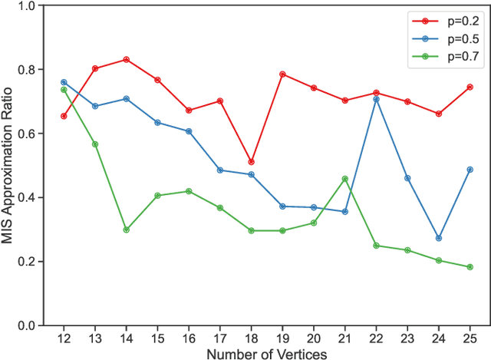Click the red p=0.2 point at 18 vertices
tap(252, 162)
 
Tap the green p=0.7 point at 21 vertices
tap(345, 179)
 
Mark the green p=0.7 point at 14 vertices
tap(126, 230)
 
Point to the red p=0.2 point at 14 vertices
tap(126, 59)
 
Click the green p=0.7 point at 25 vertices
tap(470, 267)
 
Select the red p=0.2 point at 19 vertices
tap(283, 74)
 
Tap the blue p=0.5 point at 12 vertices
tap(64, 82)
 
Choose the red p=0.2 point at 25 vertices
tap(470, 87)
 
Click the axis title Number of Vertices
tap(267, 353)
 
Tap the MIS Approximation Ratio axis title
tap(8, 166)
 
